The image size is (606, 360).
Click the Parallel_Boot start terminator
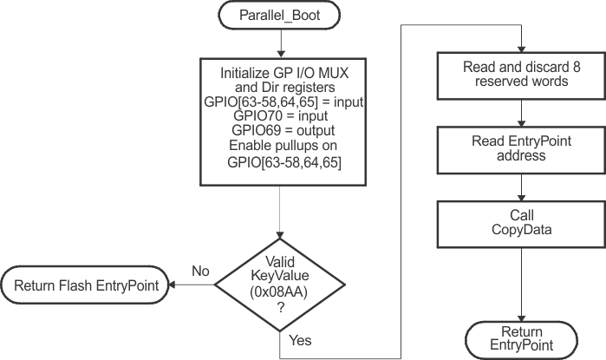tap(280, 15)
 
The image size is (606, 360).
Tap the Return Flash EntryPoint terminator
tap(85, 283)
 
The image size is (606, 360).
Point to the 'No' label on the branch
tap(201, 271)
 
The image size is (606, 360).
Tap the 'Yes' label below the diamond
tap(300, 340)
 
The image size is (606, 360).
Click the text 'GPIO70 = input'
tap(280, 115)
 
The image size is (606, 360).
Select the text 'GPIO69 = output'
tap(280, 128)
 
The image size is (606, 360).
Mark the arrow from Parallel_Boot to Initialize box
tap(280, 42)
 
